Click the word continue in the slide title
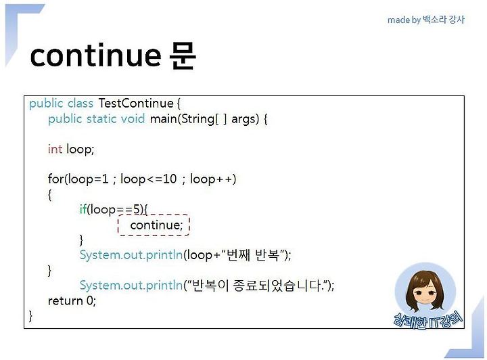pyautogui.click(x=95, y=55)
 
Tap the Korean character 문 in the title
pyautogui.click(x=183, y=55)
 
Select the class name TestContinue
pyautogui.click(x=136, y=103)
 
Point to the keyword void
pyautogui.click(x=133, y=118)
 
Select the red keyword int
pyautogui.click(x=55, y=149)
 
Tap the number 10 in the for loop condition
pyautogui.click(x=170, y=179)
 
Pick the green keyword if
pyautogui.click(x=83, y=209)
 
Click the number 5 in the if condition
pyautogui.click(x=137, y=209)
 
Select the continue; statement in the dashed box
pyautogui.click(x=156, y=225)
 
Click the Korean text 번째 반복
pyautogui.click(x=252, y=255)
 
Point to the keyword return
pyautogui.click(x=65, y=300)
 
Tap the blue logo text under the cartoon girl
pyautogui.click(x=428, y=320)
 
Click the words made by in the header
pyautogui.click(x=404, y=20)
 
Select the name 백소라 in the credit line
pyautogui.click(x=434, y=20)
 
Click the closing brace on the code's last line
pyautogui.click(x=30, y=316)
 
